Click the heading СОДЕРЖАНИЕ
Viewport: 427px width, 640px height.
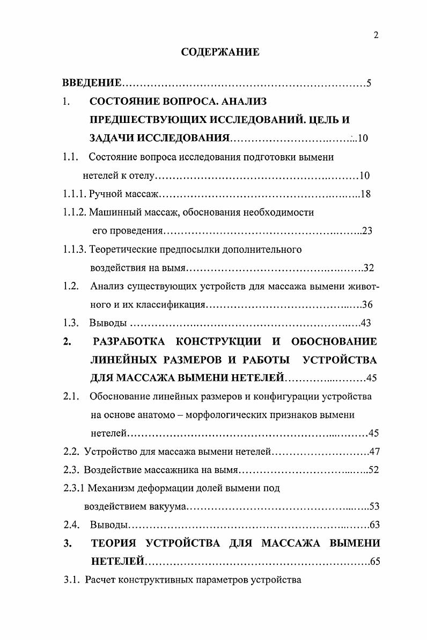tap(220, 52)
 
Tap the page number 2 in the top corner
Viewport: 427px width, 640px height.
tap(376, 35)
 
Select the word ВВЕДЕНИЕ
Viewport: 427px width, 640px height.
tap(92, 83)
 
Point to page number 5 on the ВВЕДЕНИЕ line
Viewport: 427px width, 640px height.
tap(369, 83)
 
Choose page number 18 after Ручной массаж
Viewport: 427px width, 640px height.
tap(366, 194)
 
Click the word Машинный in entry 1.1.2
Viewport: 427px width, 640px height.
tap(111, 212)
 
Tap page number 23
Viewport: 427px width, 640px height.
tap(367, 231)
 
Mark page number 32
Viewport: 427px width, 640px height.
tap(369, 268)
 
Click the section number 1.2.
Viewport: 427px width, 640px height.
tap(71, 286)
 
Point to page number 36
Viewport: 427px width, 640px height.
tap(367, 305)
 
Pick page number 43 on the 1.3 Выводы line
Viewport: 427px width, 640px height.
tap(366, 323)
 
